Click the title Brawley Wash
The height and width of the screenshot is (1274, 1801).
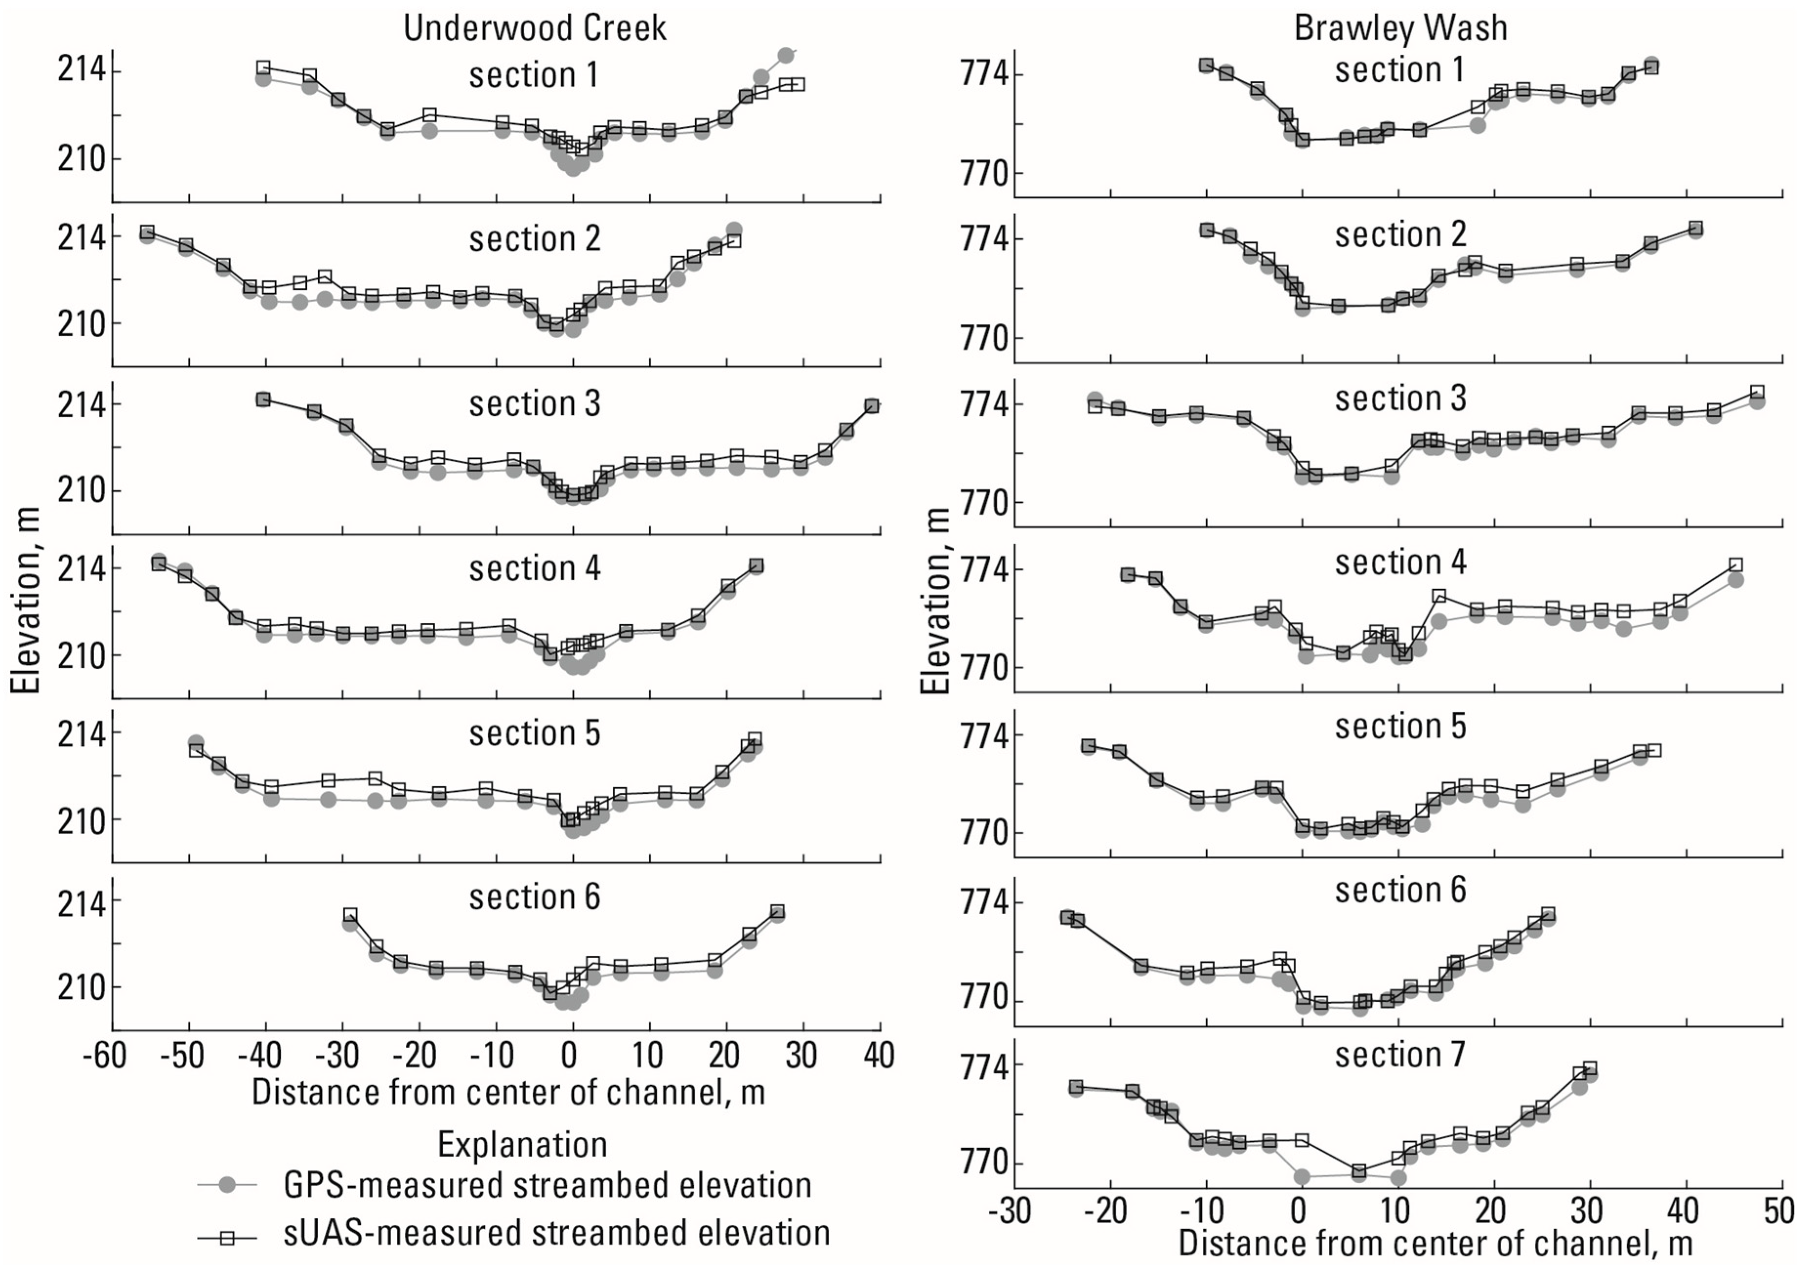[x=1401, y=28]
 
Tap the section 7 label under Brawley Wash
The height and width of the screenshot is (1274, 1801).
[x=1401, y=1054]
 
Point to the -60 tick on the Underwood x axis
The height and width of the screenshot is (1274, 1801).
[x=105, y=1056]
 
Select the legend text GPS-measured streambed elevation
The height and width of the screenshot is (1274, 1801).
[x=547, y=1185]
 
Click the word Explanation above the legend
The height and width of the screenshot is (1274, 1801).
[x=522, y=1145]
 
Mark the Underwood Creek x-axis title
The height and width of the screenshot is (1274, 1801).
[x=508, y=1092]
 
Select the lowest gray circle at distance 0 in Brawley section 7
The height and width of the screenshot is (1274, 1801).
[x=1302, y=1176]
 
